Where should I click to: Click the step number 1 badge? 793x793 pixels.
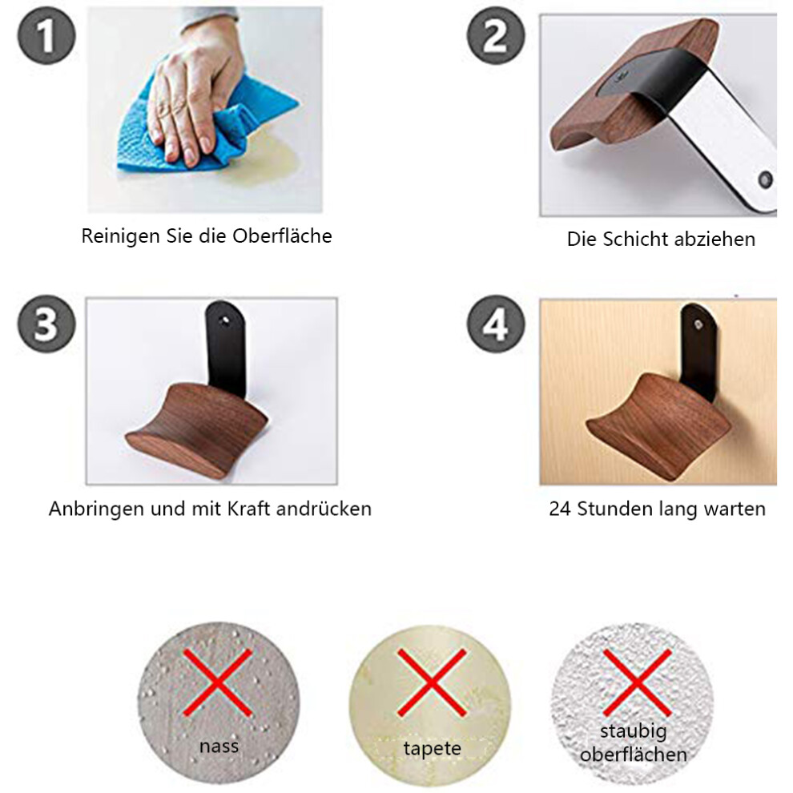click(46, 35)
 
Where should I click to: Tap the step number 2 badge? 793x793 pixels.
click(496, 35)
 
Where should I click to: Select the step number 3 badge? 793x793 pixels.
click(46, 324)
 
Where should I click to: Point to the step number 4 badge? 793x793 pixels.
click(496, 324)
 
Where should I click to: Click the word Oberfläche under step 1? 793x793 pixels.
click(282, 235)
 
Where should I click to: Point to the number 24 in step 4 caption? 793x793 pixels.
click(560, 509)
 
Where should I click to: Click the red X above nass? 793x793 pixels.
click(217, 682)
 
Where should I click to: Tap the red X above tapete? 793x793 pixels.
click(432, 682)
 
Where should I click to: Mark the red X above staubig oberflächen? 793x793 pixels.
click(638, 682)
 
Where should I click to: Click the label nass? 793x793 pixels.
click(219, 746)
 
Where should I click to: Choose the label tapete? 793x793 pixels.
click(433, 748)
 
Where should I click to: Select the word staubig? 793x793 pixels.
click(634, 731)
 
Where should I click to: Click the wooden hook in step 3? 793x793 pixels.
click(197, 424)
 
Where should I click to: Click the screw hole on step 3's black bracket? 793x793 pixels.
click(224, 320)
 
